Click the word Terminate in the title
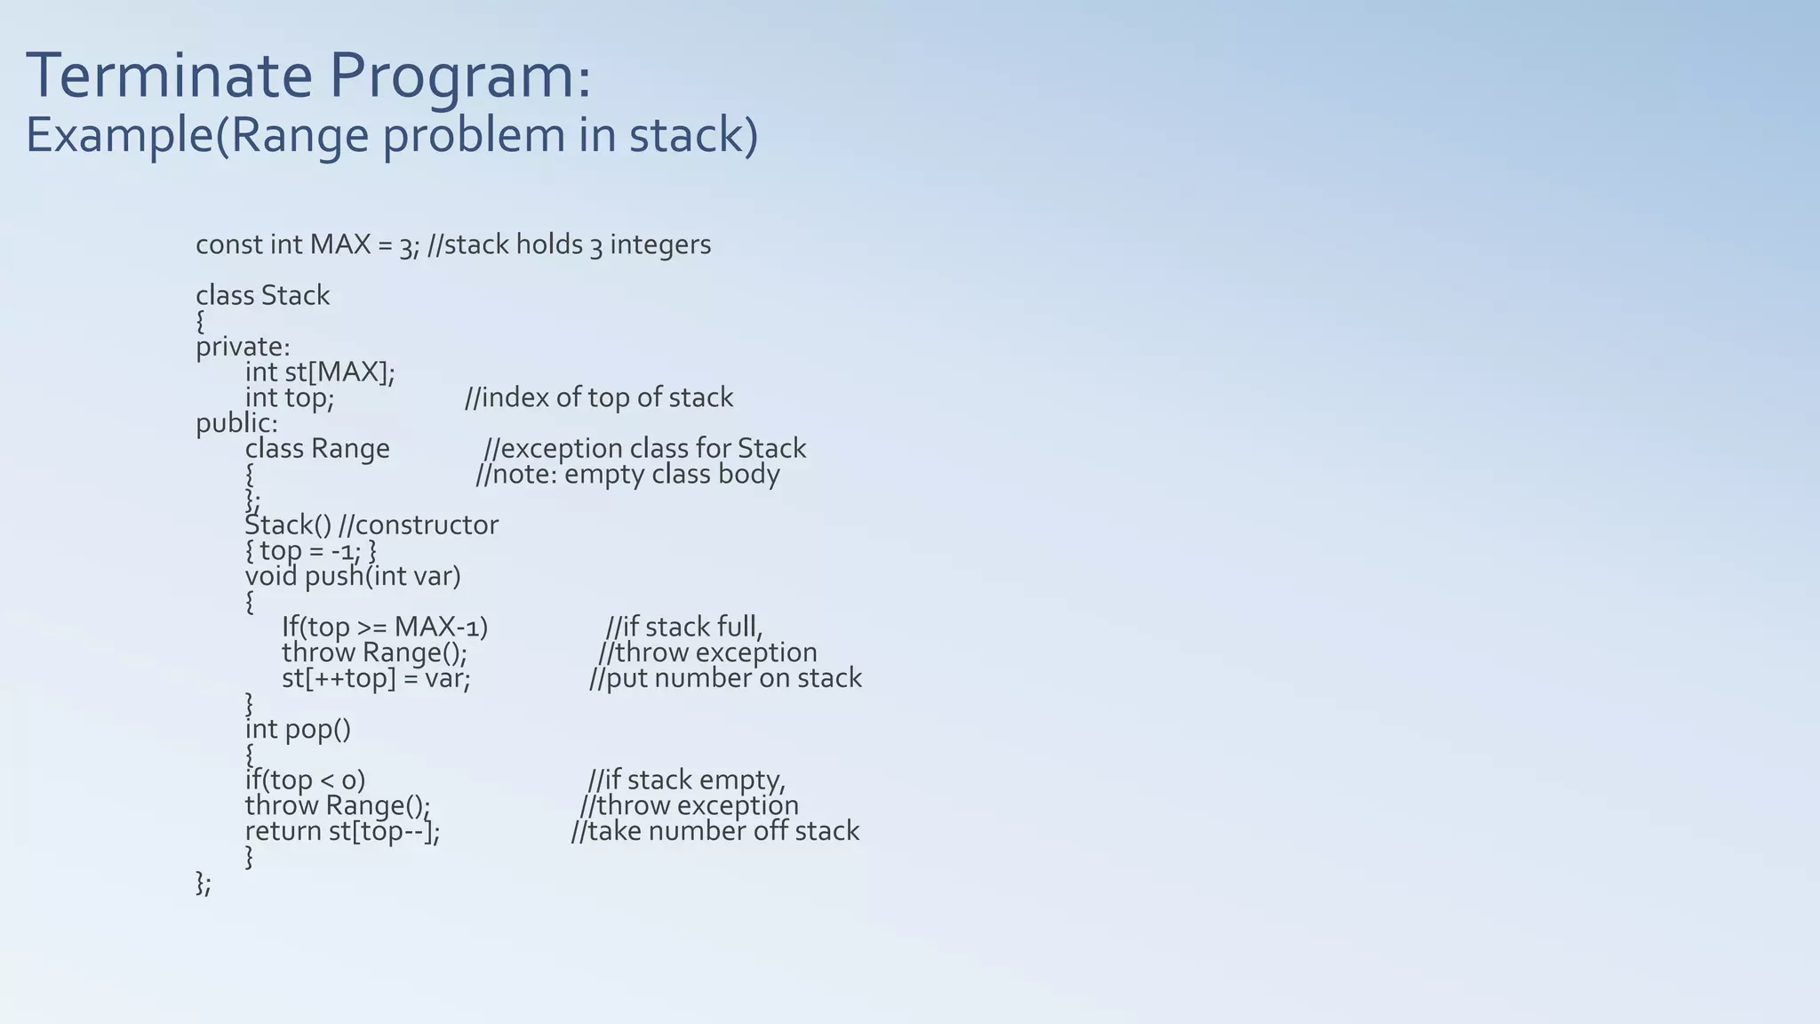(x=169, y=76)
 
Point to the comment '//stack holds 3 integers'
(x=569, y=244)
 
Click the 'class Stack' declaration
(x=262, y=295)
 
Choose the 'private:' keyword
(x=243, y=347)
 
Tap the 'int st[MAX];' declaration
(x=320, y=372)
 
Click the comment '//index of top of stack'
(x=599, y=397)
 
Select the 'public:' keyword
(x=236, y=423)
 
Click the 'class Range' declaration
(x=317, y=448)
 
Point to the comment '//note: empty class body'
(x=627, y=474)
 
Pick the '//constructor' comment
(x=419, y=525)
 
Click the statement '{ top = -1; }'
(x=311, y=551)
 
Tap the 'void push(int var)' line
(x=353, y=576)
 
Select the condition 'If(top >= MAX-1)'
(x=385, y=628)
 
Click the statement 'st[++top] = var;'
(x=376, y=678)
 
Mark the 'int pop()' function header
(x=298, y=729)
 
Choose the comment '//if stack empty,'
(x=687, y=780)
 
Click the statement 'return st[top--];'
(x=342, y=831)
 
